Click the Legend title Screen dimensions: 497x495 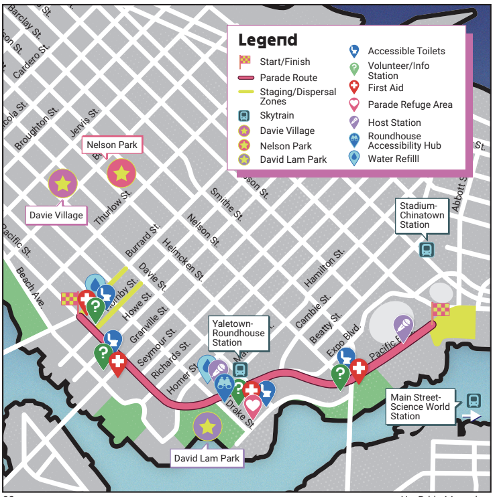coord(268,40)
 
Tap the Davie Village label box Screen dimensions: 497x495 coord(56,215)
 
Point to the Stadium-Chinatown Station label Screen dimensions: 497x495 coord(422,215)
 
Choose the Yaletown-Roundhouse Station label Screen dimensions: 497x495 coord(238,333)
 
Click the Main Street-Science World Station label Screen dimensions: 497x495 coord(421,407)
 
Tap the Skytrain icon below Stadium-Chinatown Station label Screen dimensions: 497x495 coord(425,250)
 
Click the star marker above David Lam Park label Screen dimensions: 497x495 coord(207,426)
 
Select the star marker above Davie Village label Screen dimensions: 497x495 coord(63,183)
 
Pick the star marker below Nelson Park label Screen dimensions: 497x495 coord(121,173)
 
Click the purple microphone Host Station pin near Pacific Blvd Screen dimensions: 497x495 coord(404,327)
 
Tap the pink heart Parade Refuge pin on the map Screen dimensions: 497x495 coord(252,404)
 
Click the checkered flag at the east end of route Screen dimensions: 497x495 coord(441,309)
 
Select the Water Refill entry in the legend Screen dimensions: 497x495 coord(393,159)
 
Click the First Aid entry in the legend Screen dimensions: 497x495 coord(386,88)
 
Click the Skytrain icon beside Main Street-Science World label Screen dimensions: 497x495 coord(474,400)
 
